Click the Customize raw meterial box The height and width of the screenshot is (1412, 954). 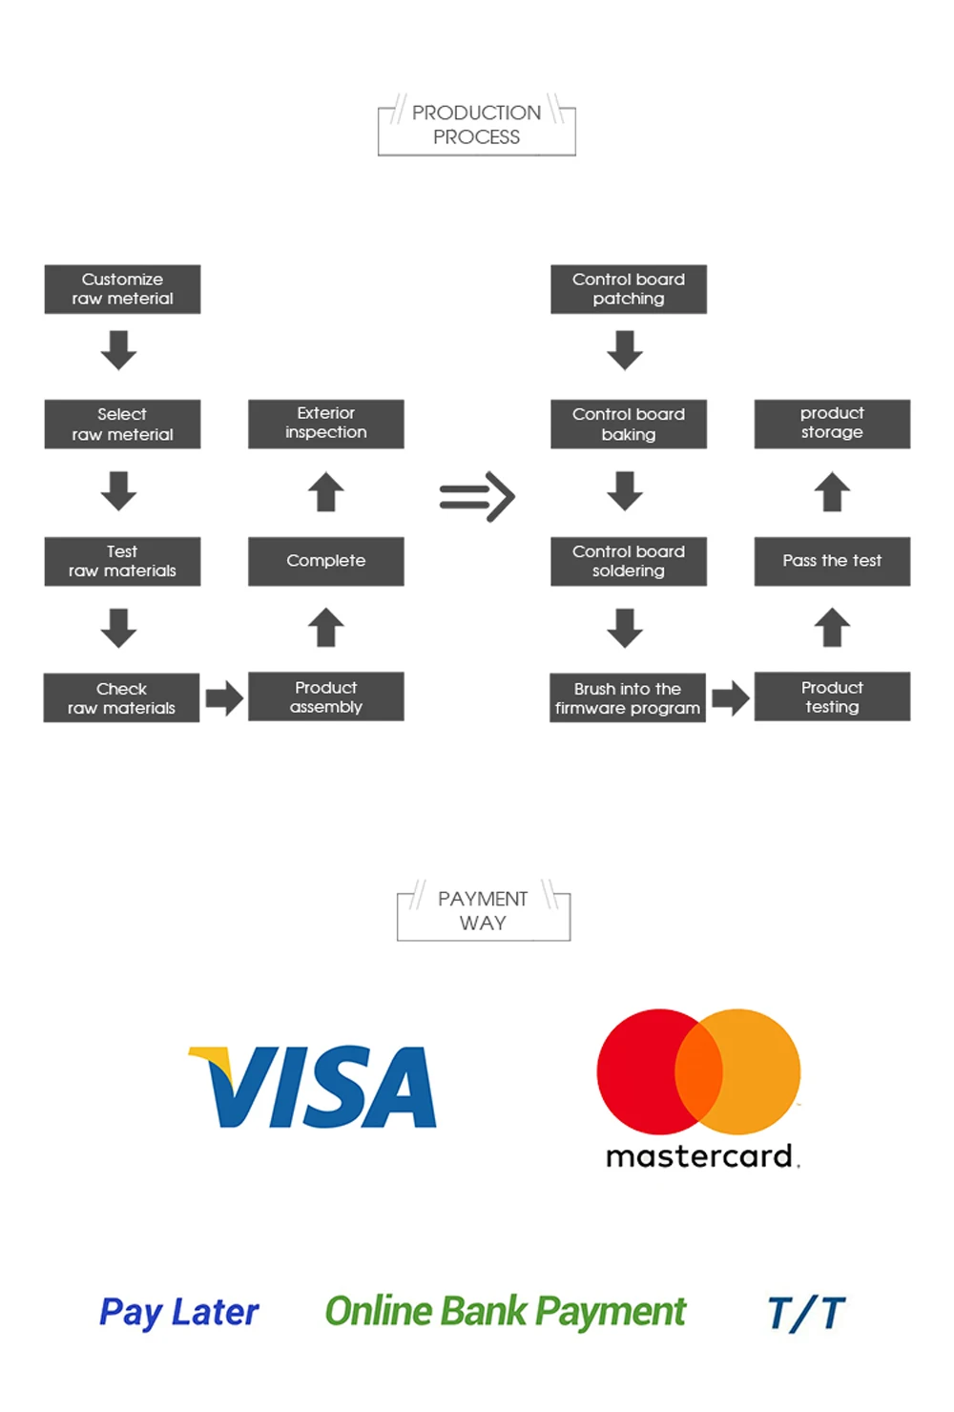point(122,289)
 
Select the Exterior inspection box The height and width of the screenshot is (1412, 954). point(325,424)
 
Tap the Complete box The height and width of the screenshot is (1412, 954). point(325,561)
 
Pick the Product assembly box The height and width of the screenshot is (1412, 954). point(325,696)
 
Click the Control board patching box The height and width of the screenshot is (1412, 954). point(628,289)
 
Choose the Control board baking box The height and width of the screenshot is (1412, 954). point(628,424)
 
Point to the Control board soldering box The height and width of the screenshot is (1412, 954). point(628,561)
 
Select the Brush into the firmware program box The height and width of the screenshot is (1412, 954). point(627,698)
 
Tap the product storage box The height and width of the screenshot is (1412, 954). point(832,424)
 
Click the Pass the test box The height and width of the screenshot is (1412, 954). point(832,561)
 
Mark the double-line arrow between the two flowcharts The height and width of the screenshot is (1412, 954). point(477,497)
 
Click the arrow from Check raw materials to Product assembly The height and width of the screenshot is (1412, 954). point(224,698)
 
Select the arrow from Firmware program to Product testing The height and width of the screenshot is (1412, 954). point(730,698)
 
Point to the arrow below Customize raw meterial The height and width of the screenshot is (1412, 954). point(118,349)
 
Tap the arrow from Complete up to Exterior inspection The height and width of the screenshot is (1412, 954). point(325,492)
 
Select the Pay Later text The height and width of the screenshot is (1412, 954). point(178,1313)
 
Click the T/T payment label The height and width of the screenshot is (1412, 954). point(806,1313)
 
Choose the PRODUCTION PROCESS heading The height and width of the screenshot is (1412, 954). point(476,125)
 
